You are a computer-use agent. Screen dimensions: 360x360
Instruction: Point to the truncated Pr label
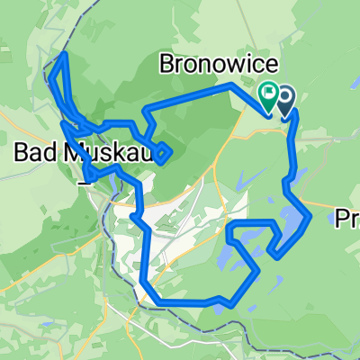347,218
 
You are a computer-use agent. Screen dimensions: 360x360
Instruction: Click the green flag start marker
269,94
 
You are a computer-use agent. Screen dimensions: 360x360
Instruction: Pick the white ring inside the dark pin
286,94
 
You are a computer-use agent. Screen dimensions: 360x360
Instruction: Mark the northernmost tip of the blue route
63,55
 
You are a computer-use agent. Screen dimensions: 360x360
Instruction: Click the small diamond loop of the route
162,154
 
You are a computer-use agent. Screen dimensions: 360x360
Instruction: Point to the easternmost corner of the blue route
310,216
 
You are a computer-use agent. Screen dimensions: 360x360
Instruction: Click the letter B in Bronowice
165,64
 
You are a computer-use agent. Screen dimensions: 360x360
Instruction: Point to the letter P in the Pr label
342,218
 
